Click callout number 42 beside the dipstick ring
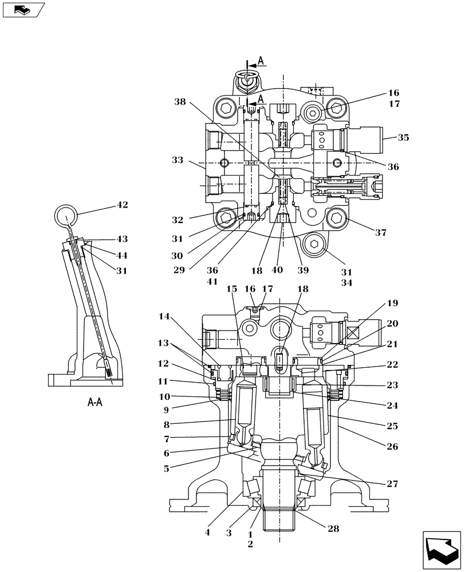pos(122,205)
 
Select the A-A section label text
pos(94,403)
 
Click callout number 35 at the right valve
pos(404,137)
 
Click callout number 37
pos(380,232)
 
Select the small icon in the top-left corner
pos(22,10)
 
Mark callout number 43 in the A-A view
pos(122,239)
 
